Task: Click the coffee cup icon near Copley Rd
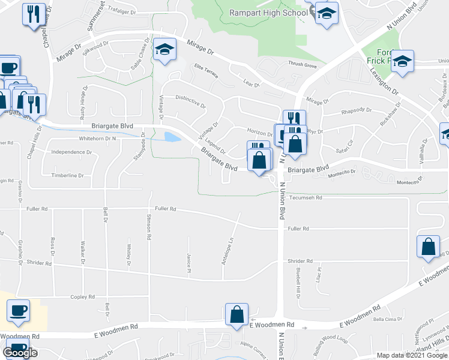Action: tap(18, 310)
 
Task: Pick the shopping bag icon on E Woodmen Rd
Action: tap(237, 314)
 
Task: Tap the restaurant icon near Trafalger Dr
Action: tap(34, 14)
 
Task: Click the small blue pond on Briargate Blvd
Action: tap(171, 137)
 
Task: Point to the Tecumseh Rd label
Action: tap(306, 197)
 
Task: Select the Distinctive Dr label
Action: tap(190, 100)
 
